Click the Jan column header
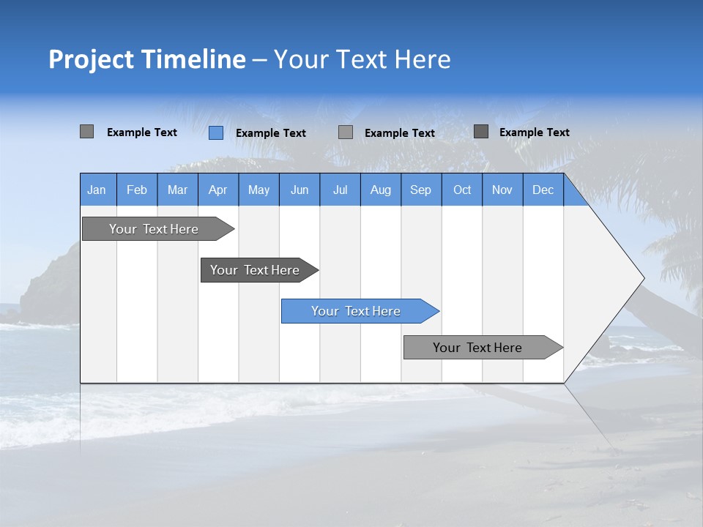97,190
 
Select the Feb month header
137,190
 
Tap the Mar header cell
177,190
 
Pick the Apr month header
217,190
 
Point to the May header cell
258,190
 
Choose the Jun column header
300,190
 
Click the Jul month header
340,190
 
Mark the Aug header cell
381,190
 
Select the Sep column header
421,190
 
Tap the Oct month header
462,190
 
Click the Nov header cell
502,190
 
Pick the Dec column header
543,190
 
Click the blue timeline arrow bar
357,311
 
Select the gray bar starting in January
155,229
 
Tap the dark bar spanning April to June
256,270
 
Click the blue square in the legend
216,132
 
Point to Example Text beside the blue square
271,133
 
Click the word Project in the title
89,60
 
